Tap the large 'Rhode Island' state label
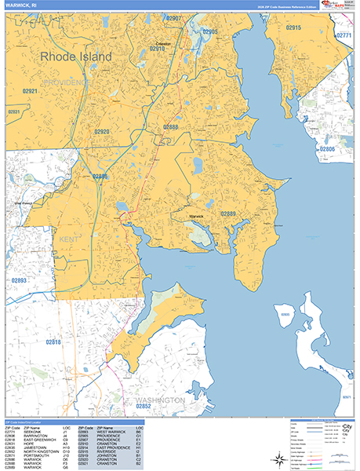pos(75,57)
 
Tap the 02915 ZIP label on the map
pos(293,27)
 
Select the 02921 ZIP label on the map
pos(30,91)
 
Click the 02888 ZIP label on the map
pos(170,126)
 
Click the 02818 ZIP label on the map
pos(53,341)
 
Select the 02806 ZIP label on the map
pos(327,148)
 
